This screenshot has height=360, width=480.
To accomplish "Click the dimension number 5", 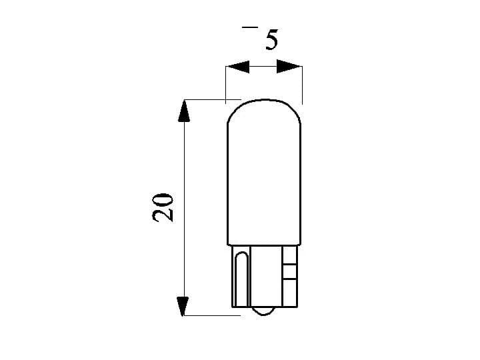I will (271, 39).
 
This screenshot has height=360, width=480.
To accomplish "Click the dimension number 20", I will (163, 207).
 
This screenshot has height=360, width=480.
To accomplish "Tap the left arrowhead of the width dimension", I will (237, 66).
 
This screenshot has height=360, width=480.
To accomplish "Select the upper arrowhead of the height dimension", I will (185, 111).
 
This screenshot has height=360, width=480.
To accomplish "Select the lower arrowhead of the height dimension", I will (185, 304).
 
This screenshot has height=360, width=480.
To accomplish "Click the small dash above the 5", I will (249, 27).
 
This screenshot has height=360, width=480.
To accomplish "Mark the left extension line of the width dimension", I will (226, 83).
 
